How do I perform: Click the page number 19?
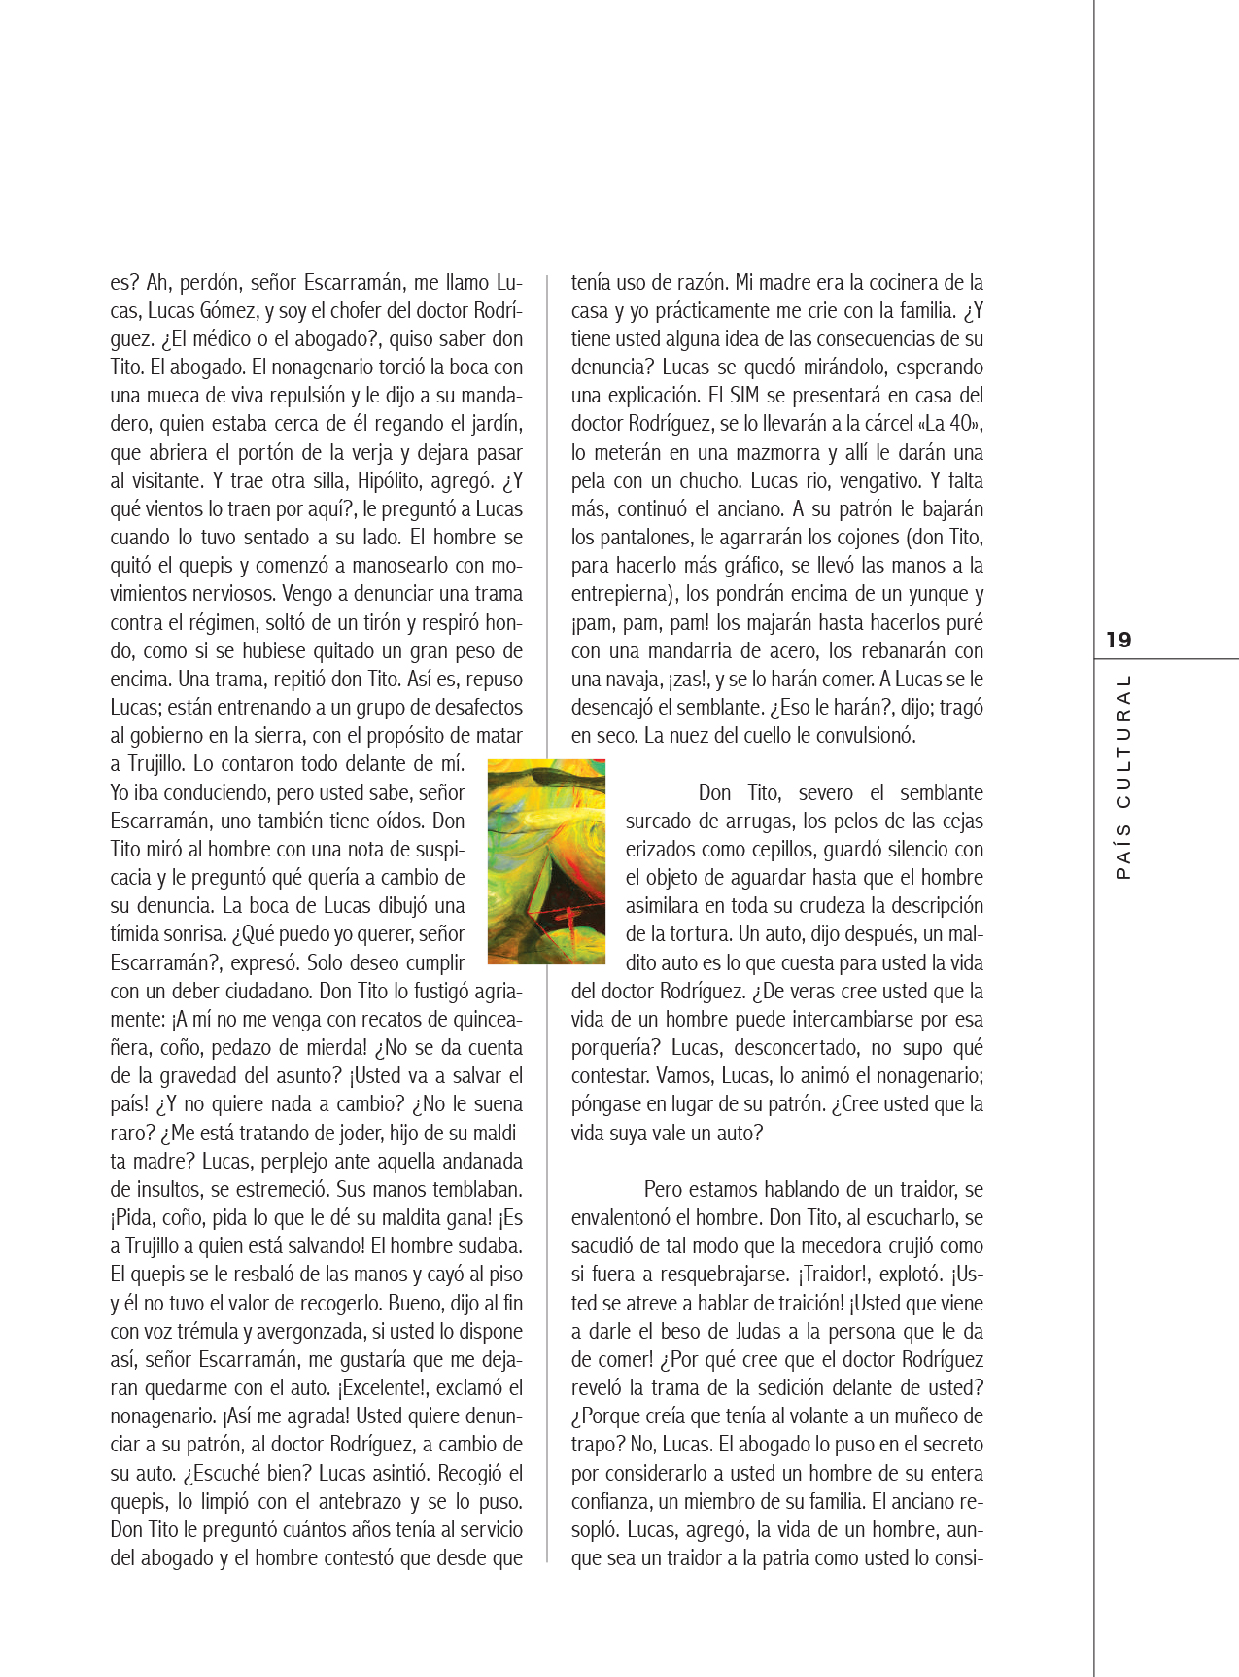pyautogui.click(x=1119, y=640)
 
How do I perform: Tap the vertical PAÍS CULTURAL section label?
pyautogui.click(x=1123, y=777)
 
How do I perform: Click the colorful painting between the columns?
pyautogui.click(x=546, y=861)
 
